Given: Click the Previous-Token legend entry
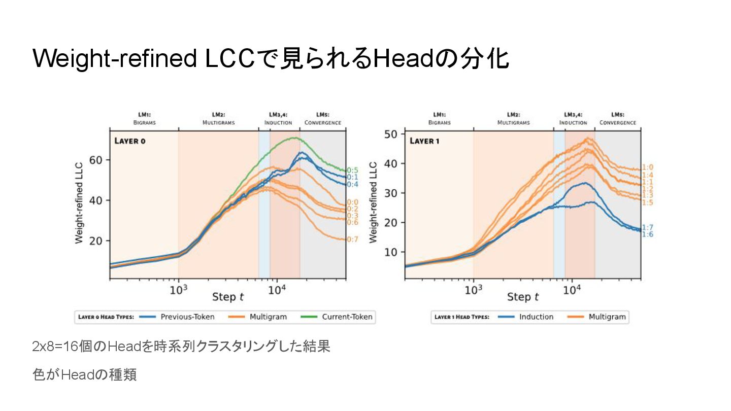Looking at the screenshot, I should (x=187, y=317).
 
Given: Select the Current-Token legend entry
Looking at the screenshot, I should (x=347, y=317).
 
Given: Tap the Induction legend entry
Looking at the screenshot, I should (x=536, y=317).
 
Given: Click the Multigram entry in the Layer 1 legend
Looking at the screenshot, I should (x=607, y=317).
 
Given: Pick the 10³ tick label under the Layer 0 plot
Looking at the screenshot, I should (x=178, y=290).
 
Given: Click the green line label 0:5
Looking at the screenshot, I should (x=352, y=170).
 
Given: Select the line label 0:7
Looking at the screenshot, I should (x=352, y=239).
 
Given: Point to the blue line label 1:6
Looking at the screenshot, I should (x=647, y=234).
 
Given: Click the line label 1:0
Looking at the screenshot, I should (x=647, y=167).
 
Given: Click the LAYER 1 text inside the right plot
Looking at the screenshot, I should (x=425, y=141).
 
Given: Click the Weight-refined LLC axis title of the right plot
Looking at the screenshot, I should (x=374, y=202).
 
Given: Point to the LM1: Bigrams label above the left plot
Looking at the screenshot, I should (x=145, y=119).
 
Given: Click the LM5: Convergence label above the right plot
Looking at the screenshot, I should (x=617, y=119).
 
